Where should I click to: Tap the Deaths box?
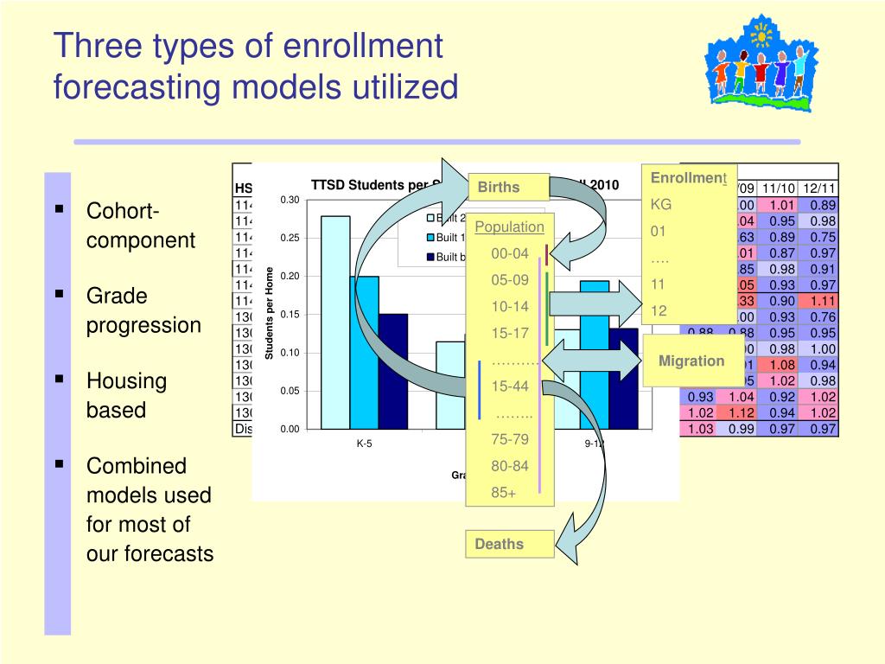click(x=509, y=544)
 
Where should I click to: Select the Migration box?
click(x=691, y=361)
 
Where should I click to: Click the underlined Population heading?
click(x=510, y=227)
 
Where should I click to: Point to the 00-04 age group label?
click(x=510, y=253)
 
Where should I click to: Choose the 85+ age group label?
click(x=503, y=493)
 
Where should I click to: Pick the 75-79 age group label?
click(x=510, y=439)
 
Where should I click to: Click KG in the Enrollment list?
click(x=661, y=205)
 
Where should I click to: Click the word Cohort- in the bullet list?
click(x=123, y=212)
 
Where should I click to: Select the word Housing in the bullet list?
click(x=126, y=381)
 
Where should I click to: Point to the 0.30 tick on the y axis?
click(x=289, y=201)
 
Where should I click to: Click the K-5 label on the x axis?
click(x=364, y=444)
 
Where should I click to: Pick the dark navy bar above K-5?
click(x=392, y=371)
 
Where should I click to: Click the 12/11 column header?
click(x=819, y=188)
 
